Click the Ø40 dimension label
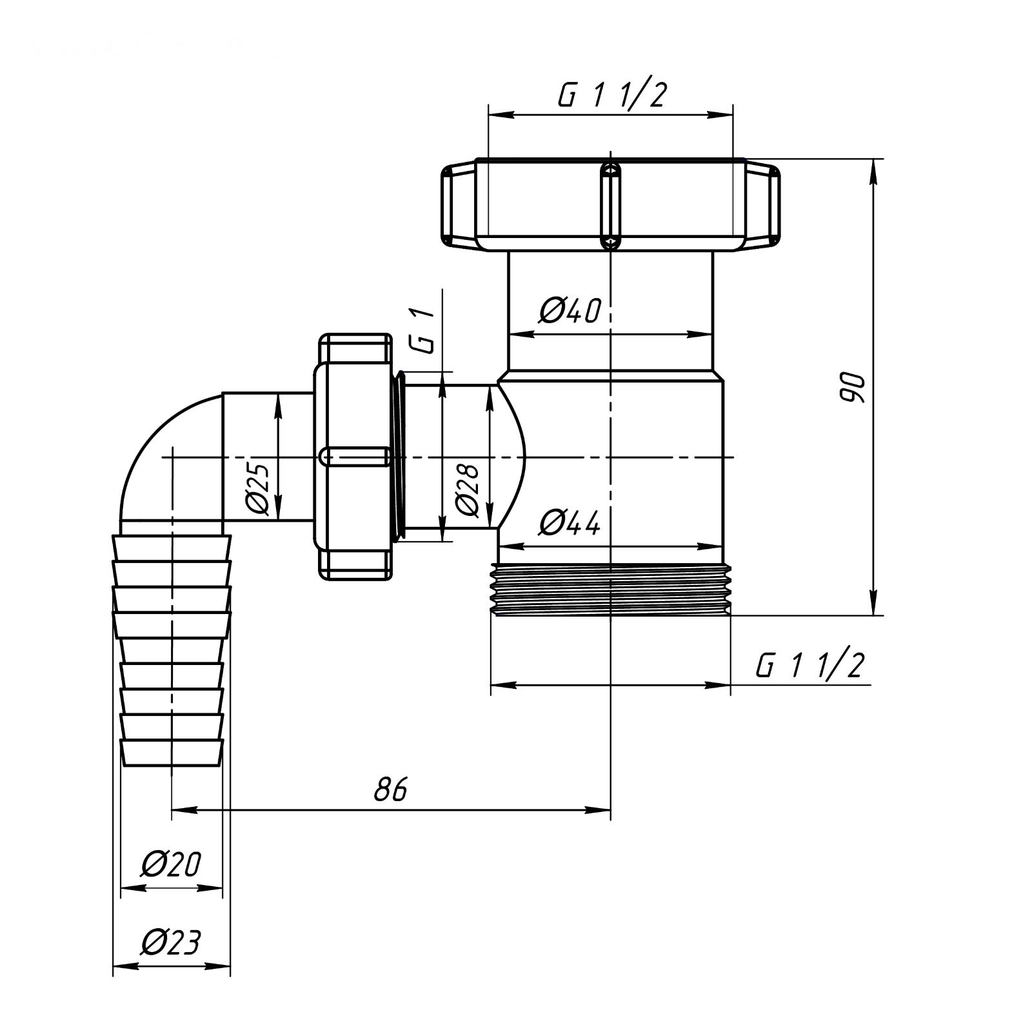click(x=570, y=310)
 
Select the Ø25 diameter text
click(x=259, y=489)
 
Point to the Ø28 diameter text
click(x=468, y=490)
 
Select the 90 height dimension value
click(x=851, y=387)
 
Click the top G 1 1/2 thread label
click(x=611, y=95)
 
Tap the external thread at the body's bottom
click(x=611, y=590)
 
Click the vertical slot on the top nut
click(x=611, y=205)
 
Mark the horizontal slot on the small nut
click(x=355, y=456)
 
